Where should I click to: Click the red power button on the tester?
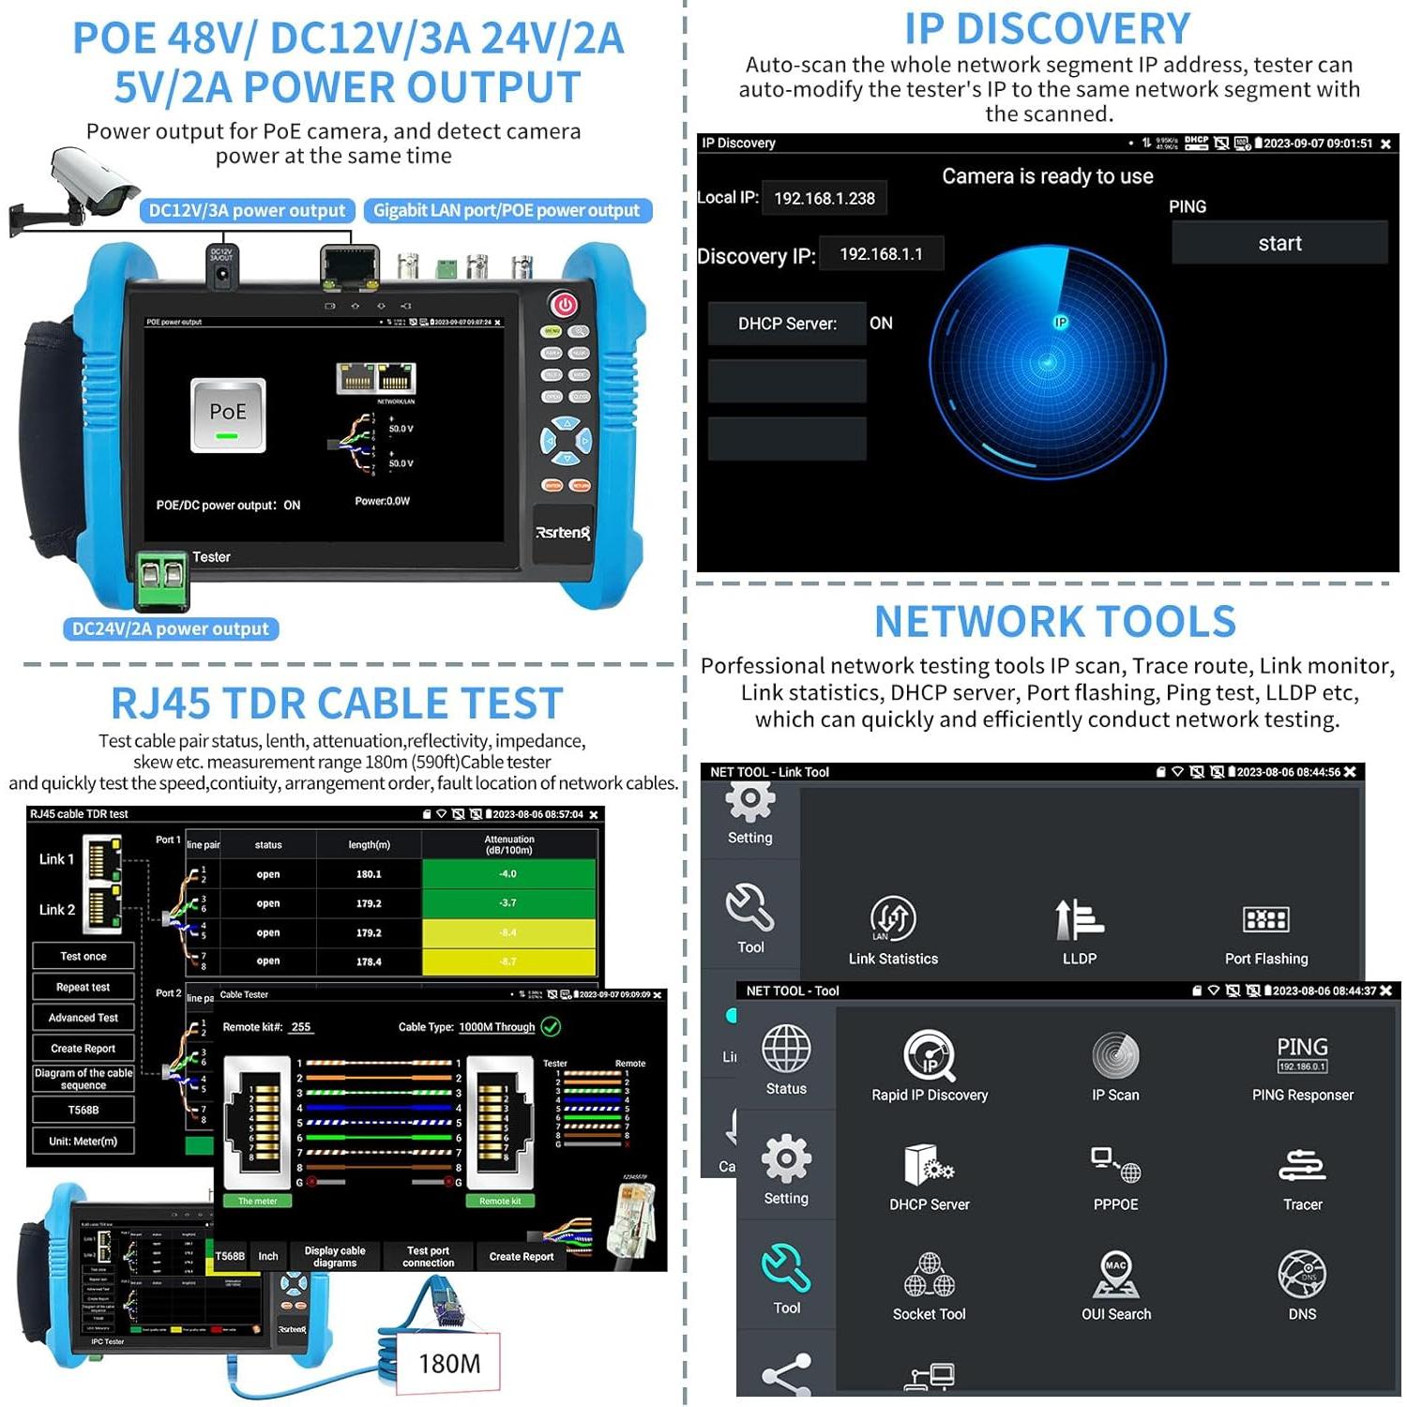[564, 305]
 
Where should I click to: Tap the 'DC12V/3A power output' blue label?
[247, 211]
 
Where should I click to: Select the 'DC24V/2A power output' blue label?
[171, 629]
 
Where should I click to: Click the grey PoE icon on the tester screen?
[228, 415]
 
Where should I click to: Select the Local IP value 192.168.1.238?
[824, 198]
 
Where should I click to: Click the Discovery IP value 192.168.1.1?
[881, 254]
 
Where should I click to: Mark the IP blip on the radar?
[1060, 323]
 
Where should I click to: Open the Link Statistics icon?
[893, 918]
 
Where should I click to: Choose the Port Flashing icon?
[1265, 919]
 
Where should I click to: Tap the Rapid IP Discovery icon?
[929, 1055]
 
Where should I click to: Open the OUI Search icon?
[1115, 1275]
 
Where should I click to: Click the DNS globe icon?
[1302, 1275]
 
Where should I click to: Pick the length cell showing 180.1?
[369, 874]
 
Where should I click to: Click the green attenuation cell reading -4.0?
[508, 874]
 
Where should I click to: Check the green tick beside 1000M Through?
[552, 1027]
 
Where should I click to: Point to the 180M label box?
[449, 1363]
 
